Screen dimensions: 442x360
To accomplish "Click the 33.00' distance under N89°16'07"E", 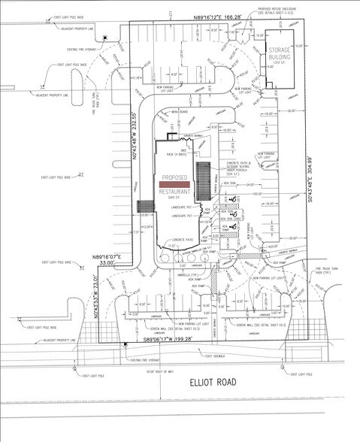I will point(109,264).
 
